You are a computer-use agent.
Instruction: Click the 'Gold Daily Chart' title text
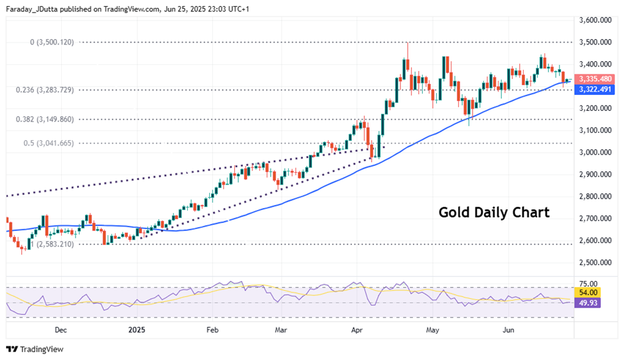(x=494, y=213)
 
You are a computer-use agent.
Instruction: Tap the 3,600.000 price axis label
(x=595, y=20)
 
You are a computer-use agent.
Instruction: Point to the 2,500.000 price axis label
(x=595, y=262)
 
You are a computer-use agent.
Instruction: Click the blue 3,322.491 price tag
(x=595, y=90)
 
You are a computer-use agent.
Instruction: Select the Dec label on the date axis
(x=60, y=329)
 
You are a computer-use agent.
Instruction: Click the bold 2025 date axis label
(x=137, y=329)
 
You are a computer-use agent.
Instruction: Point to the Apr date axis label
(x=357, y=329)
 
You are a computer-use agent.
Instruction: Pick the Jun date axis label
(x=510, y=329)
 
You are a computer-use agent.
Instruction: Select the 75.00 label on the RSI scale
(x=588, y=284)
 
